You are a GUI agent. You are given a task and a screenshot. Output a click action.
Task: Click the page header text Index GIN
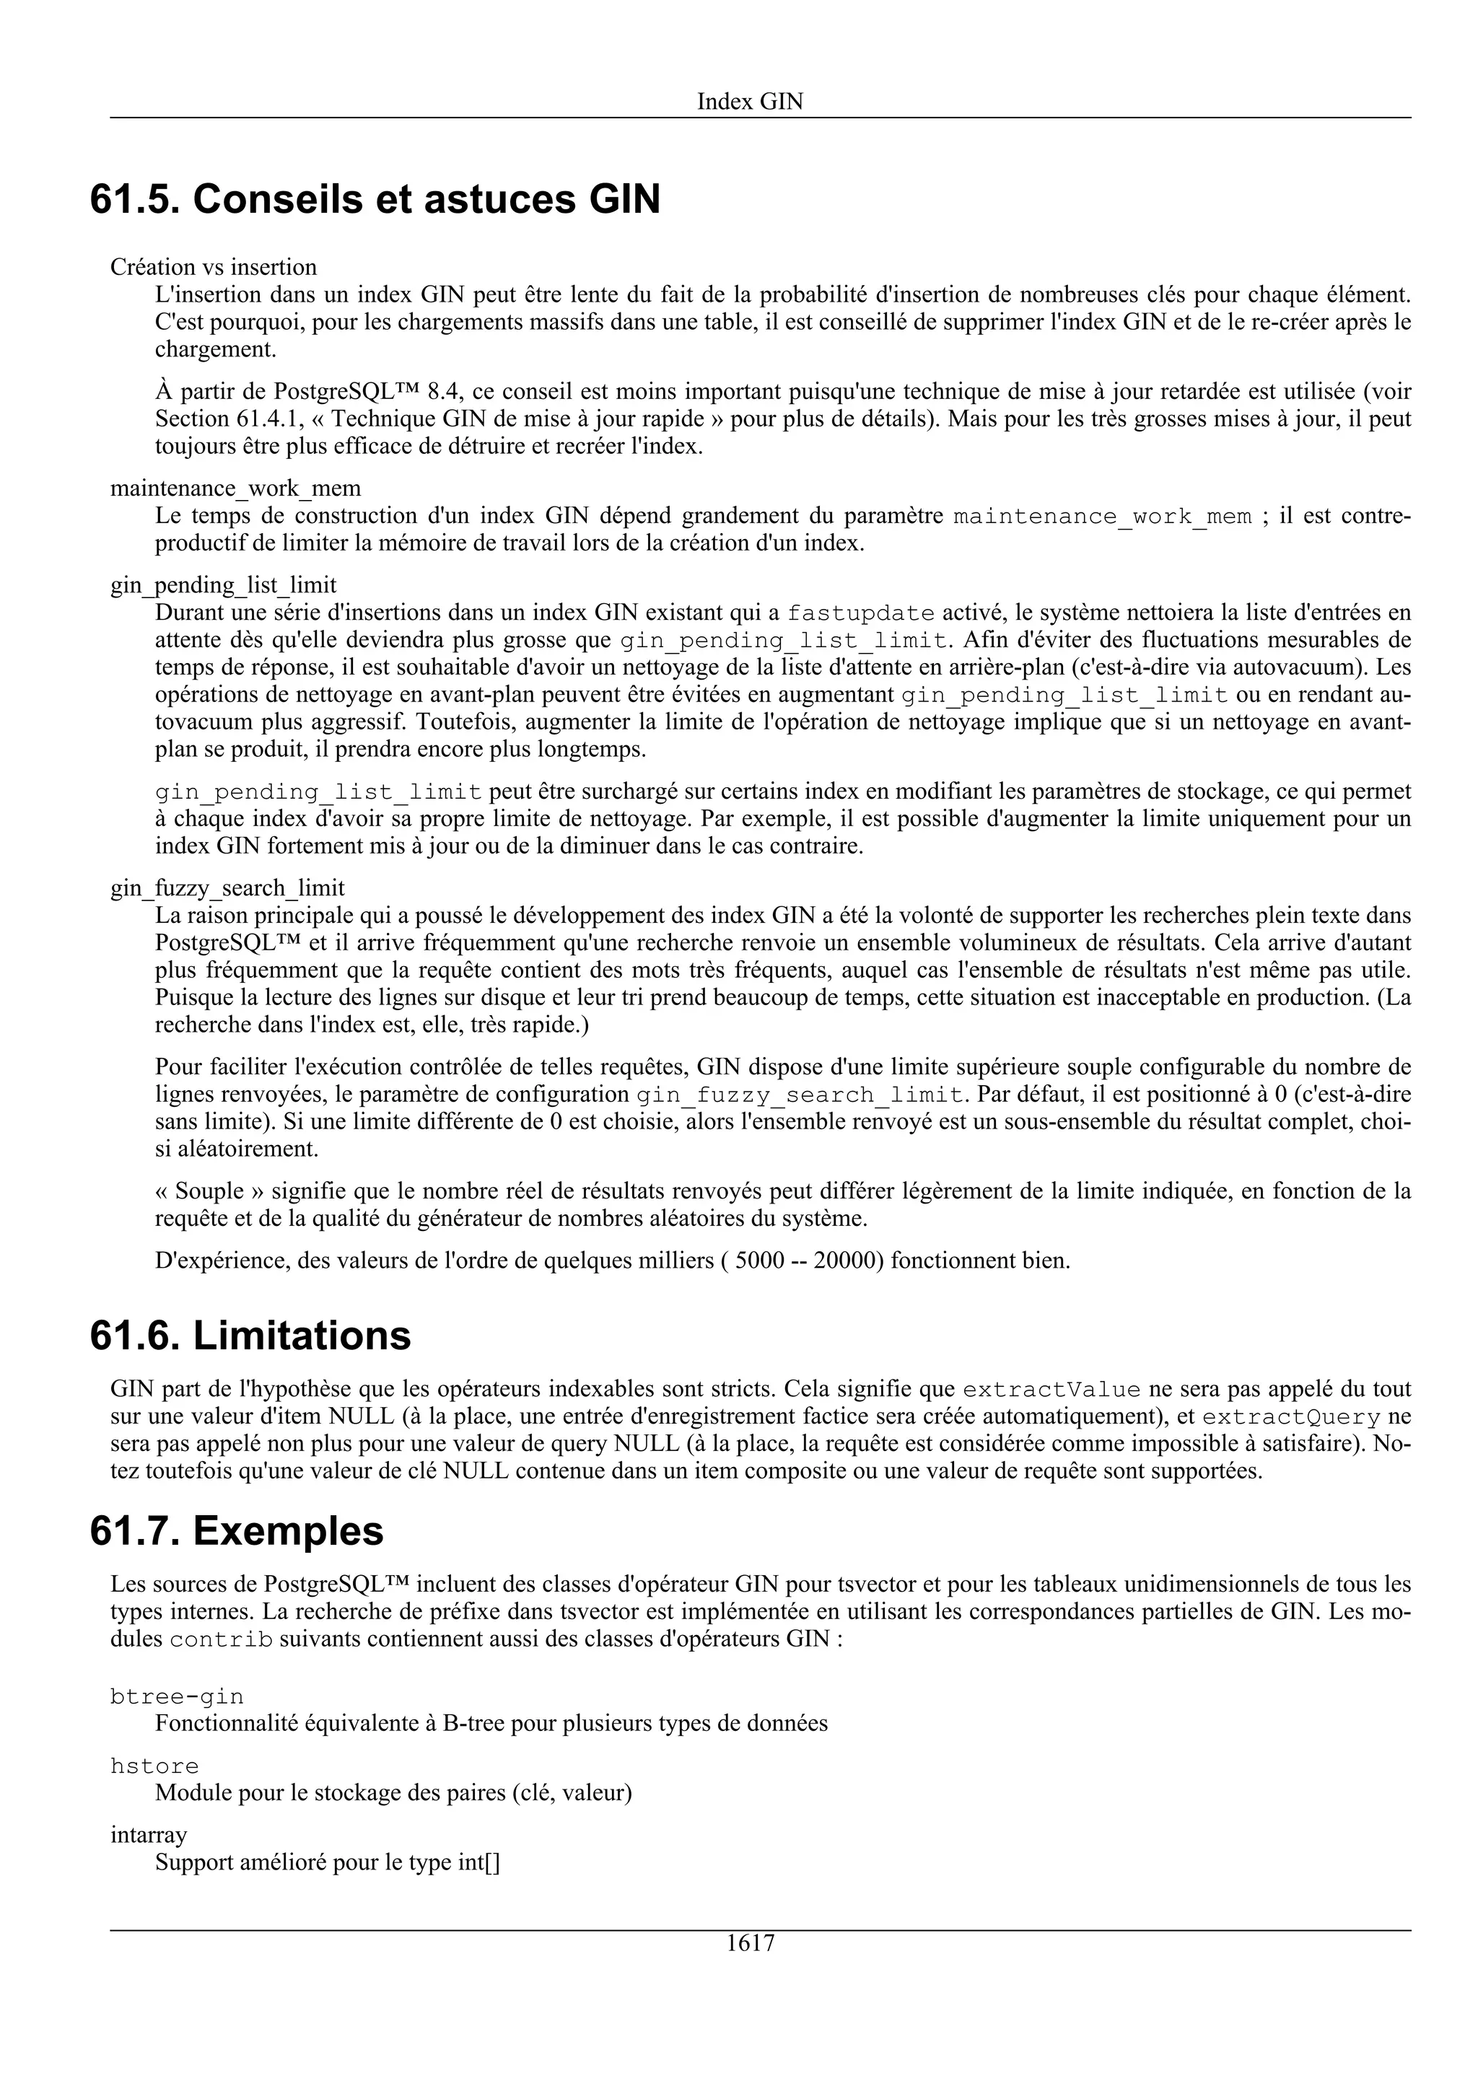(x=750, y=101)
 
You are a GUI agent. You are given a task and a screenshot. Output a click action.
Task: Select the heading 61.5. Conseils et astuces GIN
(x=375, y=199)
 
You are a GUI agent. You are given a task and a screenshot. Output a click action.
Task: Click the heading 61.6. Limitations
(x=250, y=1336)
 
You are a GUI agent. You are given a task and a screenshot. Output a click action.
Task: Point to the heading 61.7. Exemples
(x=237, y=1531)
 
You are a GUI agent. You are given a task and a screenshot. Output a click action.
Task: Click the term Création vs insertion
(x=213, y=267)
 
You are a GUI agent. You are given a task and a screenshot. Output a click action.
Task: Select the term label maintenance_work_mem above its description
(x=235, y=488)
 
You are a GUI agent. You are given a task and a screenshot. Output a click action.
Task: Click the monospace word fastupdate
(x=860, y=613)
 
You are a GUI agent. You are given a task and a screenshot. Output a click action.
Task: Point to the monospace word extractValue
(x=1051, y=1390)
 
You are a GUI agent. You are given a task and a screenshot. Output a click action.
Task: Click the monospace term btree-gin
(x=177, y=1696)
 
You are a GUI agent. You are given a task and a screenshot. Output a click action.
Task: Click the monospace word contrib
(x=222, y=1640)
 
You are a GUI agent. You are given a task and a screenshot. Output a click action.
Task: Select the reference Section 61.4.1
(x=224, y=419)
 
